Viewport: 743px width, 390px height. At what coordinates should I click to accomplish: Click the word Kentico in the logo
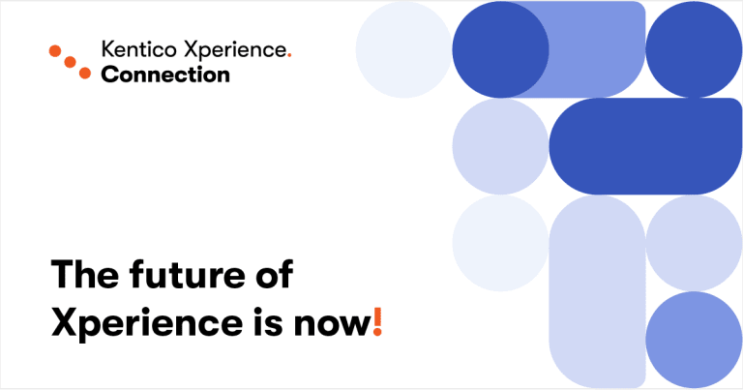tap(139, 49)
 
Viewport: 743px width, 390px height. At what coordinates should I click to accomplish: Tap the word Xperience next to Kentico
tap(234, 50)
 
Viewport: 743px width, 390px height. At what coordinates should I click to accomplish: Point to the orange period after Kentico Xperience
tap(289, 56)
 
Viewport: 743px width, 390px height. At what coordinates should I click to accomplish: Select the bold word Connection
tap(165, 75)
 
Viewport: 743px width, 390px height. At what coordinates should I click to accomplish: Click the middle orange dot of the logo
tap(70, 62)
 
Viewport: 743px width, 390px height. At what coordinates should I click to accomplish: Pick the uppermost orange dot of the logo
tap(55, 50)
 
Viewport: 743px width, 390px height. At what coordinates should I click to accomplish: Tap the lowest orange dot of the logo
tap(85, 73)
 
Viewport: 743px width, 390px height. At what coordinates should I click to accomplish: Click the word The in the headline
tap(85, 274)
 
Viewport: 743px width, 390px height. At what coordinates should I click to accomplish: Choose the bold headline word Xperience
tap(147, 324)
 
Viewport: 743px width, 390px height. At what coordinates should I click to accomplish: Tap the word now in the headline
tap(332, 325)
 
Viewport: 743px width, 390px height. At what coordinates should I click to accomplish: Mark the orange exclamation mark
tap(377, 321)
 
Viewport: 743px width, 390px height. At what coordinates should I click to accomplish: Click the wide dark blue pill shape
tap(645, 146)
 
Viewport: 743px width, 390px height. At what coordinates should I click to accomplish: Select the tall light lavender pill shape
tap(597, 292)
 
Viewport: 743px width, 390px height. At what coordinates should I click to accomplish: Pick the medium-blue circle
tap(694, 340)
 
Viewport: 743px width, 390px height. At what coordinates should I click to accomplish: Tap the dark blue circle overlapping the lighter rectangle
tap(500, 49)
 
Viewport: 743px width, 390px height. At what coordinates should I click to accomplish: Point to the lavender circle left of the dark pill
tap(500, 146)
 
